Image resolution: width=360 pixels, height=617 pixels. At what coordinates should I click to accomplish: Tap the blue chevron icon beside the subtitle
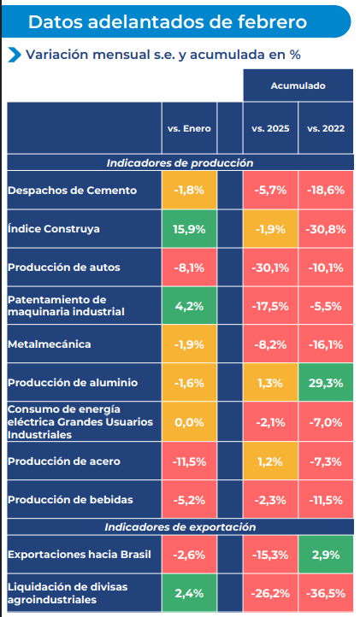tap(15, 55)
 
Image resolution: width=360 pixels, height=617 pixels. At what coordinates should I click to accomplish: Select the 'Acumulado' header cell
tap(298, 86)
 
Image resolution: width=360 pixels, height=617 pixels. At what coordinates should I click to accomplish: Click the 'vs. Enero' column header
tap(188, 128)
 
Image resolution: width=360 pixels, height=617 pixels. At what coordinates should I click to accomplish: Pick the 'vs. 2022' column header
tap(325, 128)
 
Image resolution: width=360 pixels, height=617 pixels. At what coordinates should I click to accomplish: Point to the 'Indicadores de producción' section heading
tap(180, 162)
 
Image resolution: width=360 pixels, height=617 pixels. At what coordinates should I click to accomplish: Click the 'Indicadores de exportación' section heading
tap(180, 527)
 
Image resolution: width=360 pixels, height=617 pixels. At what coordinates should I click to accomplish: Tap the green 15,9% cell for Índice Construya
tap(188, 229)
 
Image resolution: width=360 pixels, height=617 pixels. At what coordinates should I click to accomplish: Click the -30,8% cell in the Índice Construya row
tap(325, 229)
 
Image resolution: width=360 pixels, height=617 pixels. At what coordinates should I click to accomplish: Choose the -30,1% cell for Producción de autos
tap(270, 267)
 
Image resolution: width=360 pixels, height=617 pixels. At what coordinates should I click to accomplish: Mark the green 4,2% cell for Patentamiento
tap(188, 306)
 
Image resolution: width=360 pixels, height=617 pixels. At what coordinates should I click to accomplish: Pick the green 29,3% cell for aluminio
tap(325, 383)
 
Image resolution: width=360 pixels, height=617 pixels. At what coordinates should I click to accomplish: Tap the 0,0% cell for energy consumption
tap(188, 422)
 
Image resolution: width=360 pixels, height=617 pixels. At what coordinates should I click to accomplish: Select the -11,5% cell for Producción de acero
tap(188, 461)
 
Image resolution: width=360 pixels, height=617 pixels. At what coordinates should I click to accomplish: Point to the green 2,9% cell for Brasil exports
tap(325, 555)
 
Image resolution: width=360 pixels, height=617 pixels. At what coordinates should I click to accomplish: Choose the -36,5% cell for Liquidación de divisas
tap(325, 593)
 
